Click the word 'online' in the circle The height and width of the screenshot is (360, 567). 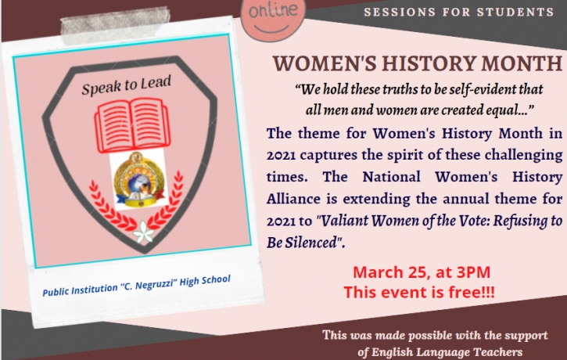[x=274, y=10]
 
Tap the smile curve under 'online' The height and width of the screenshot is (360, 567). [x=271, y=30]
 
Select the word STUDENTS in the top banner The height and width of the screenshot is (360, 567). [x=515, y=12]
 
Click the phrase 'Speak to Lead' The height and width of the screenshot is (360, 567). [x=126, y=85]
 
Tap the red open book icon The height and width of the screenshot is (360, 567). [x=132, y=124]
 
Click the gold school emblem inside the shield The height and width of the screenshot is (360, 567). [x=138, y=180]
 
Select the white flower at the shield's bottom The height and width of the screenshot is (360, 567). [x=144, y=231]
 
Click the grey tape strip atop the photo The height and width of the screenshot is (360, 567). [x=116, y=25]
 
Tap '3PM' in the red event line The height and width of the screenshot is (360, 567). [x=473, y=272]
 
